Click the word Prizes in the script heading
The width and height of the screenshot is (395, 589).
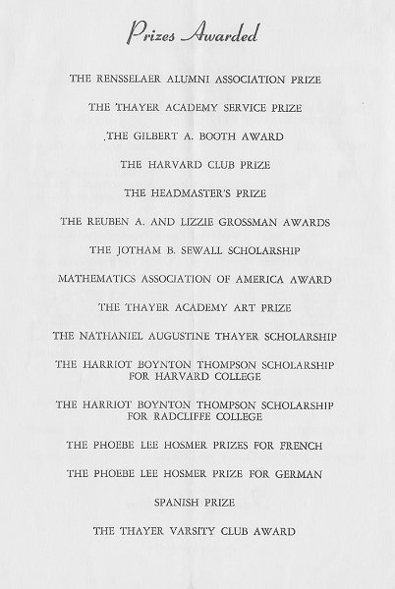coord(156,36)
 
